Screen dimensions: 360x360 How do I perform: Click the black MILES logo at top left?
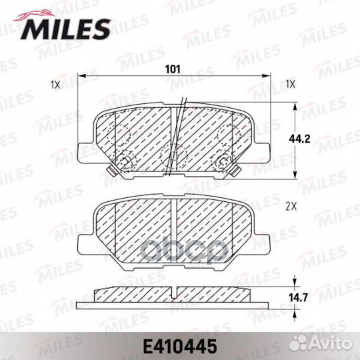click(x=65, y=29)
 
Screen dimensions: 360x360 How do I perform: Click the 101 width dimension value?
click(x=173, y=69)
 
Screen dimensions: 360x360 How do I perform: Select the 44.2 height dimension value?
click(x=299, y=139)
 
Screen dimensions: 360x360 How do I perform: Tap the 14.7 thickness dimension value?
click(x=298, y=298)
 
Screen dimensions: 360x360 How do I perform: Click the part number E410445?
click(x=180, y=347)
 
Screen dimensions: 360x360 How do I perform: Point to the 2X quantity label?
click(x=291, y=207)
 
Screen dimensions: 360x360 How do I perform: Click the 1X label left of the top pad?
click(x=55, y=85)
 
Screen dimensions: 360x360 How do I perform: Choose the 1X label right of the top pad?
click(x=290, y=85)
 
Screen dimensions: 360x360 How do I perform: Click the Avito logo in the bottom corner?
click(x=320, y=343)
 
